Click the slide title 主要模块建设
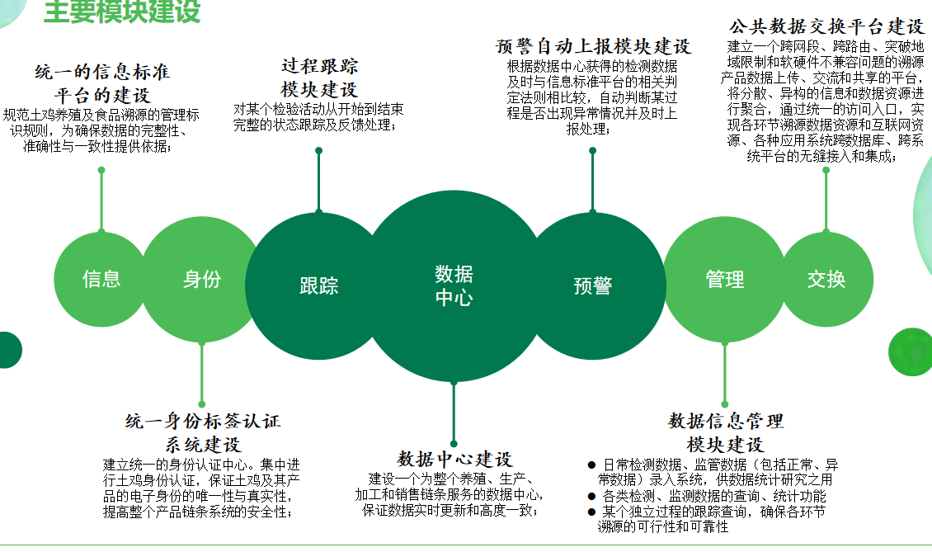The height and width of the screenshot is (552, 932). click(x=122, y=12)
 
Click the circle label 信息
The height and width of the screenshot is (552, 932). click(x=101, y=279)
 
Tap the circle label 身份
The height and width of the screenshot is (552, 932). click(x=202, y=279)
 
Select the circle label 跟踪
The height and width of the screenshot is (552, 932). click(x=319, y=286)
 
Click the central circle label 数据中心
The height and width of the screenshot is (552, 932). click(x=454, y=285)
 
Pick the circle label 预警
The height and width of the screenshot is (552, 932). click(x=593, y=286)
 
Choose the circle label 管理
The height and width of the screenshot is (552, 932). click(x=724, y=279)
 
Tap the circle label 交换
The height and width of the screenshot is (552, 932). click(x=826, y=279)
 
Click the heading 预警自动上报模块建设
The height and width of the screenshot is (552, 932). click(x=593, y=46)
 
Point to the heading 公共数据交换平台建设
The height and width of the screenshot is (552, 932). click(x=826, y=26)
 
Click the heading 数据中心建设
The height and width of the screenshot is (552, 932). click(x=454, y=460)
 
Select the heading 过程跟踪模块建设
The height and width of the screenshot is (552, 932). click(x=319, y=78)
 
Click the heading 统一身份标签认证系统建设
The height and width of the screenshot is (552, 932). click(x=203, y=432)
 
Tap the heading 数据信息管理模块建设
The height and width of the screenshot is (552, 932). click(x=725, y=432)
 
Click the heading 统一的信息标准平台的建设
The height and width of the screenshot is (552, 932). click(x=102, y=83)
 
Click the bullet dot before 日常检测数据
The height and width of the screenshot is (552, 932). click(x=591, y=465)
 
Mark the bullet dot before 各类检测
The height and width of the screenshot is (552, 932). click(x=591, y=496)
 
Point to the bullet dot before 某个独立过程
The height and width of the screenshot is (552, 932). click(x=591, y=512)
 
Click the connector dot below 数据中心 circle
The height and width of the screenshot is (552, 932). click(x=454, y=444)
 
